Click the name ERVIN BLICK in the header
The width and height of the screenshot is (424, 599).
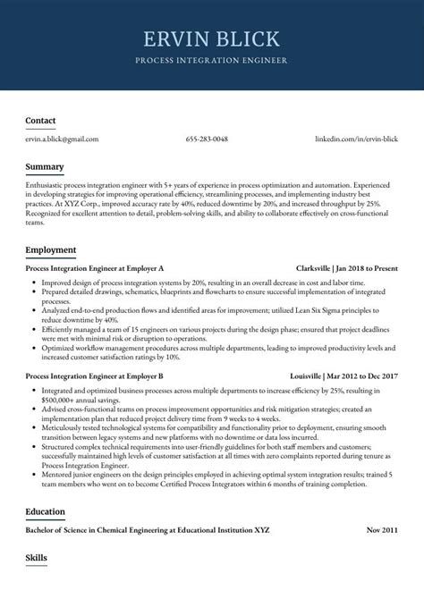211,39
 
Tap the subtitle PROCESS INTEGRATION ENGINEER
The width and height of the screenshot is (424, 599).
211,61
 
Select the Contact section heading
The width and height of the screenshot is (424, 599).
40,121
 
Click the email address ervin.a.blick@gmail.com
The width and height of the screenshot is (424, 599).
62,139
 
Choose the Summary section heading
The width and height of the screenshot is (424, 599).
44,167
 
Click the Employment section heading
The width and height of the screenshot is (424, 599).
50,249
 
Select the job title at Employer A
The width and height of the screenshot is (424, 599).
95,268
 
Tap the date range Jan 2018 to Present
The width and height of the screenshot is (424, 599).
368,268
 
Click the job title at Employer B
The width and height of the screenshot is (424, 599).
95,376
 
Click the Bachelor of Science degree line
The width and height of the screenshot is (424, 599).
147,530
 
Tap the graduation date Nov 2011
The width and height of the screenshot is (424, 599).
382,530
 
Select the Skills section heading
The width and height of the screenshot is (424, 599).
36,558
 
